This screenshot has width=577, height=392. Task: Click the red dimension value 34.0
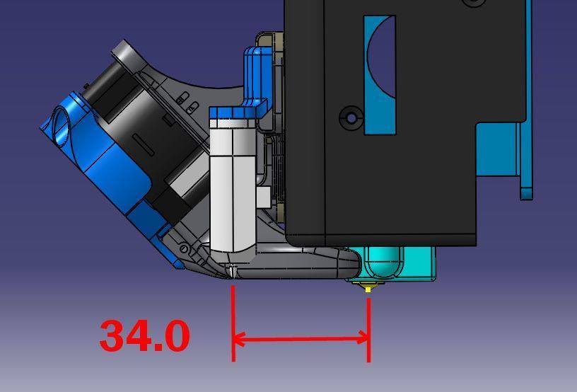pyautogui.click(x=145, y=336)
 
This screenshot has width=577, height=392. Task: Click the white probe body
pyautogui.click(x=233, y=184)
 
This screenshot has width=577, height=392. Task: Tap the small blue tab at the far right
pyautogui.click(x=526, y=192)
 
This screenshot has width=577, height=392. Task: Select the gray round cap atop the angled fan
pyautogui.click(x=127, y=54)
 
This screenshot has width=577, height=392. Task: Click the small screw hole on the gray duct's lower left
pyautogui.click(x=184, y=249)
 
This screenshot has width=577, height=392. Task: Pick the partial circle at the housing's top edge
pyautogui.click(x=474, y=3)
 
